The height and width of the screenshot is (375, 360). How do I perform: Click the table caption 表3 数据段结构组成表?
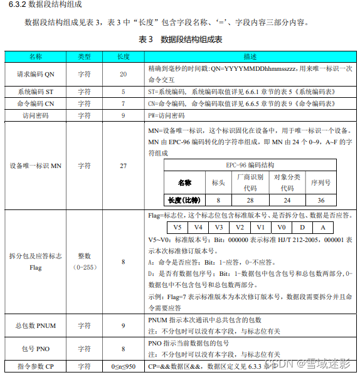tap(179, 40)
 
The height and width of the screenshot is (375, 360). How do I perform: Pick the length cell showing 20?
tap(123, 74)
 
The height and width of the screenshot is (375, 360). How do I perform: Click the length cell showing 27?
tap(123, 166)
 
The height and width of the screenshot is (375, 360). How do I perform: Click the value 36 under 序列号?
tap(321, 200)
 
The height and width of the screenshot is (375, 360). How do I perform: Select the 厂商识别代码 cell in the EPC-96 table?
tap(250, 182)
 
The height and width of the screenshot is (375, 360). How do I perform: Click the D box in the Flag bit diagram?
tap(302, 228)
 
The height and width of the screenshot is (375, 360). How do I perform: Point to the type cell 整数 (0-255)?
tap(84, 262)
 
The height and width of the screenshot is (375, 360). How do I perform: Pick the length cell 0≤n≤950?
tap(123, 366)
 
